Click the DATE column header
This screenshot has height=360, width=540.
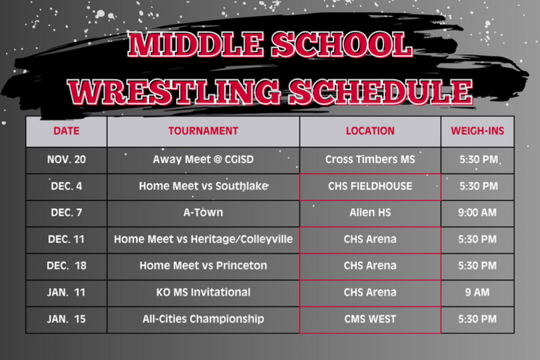point(67,131)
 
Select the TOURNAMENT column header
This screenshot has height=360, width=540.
point(203,131)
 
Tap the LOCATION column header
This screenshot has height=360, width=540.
point(370,131)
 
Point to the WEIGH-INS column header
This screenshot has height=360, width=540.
point(478,131)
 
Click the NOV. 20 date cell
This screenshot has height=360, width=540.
point(67,159)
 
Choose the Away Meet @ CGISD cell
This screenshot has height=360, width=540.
point(203,159)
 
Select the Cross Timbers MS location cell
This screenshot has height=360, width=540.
point(370,159)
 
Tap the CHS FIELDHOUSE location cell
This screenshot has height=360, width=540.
point(370,186)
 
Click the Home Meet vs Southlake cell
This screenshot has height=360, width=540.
point(203,186)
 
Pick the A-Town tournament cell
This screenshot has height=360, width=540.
point(203,213)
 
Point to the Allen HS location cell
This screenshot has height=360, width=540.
point(370,213)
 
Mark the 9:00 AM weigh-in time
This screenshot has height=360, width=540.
point(478,213)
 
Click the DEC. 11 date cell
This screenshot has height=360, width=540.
point(67,239)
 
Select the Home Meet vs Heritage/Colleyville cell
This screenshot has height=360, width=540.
point(203,239)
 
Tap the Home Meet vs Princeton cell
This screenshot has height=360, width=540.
point(203,266)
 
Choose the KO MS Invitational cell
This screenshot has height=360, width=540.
point(203,293)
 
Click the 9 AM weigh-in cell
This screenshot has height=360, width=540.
point(478,293)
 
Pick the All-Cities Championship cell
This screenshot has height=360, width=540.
point(203,319)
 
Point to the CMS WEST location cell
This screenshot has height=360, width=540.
point(370,319)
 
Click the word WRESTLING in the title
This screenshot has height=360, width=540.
point(174,92)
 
